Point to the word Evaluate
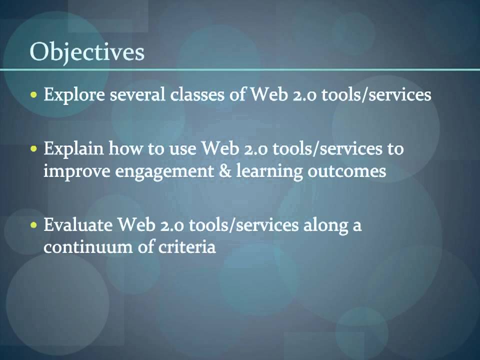pos(77,226)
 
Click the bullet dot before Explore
pos(34,94)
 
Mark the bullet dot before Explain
pos(34,148)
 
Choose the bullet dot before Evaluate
pos(34,225)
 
